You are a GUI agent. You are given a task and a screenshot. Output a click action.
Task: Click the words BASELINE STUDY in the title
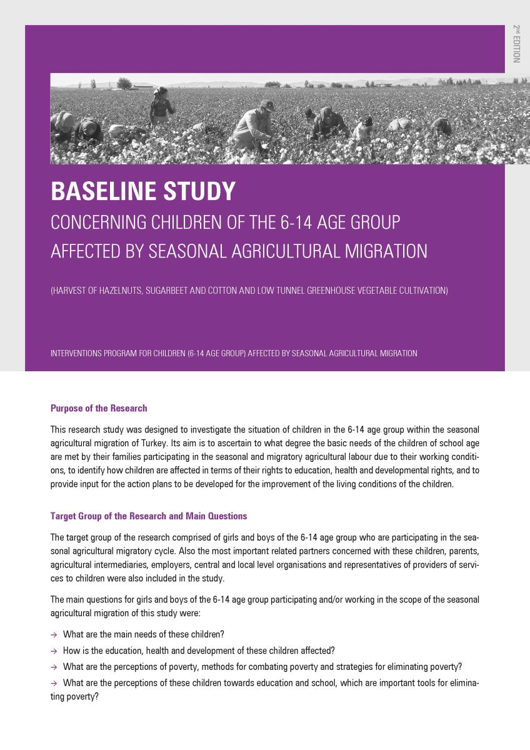143,191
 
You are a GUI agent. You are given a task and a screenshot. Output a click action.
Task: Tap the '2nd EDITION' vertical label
516,44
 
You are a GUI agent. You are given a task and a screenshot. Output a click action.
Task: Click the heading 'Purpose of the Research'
99,408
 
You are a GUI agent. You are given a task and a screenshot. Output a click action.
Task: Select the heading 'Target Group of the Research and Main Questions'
149,516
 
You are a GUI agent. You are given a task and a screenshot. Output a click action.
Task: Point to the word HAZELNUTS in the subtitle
121,291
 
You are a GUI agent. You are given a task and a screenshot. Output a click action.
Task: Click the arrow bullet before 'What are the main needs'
54,634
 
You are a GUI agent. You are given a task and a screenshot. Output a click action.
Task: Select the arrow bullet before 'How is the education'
54,651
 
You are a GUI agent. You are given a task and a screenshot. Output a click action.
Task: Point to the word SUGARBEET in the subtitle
168,291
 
